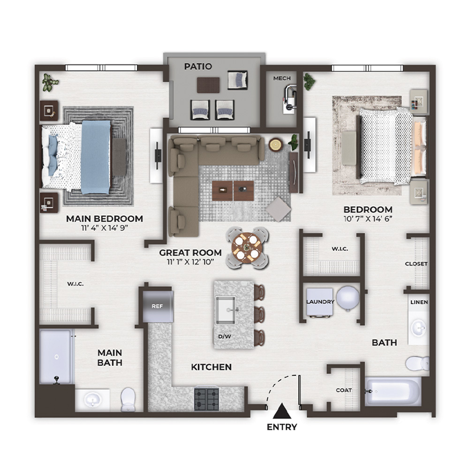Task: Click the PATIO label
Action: point(198,66)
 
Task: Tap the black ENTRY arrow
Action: point(282,411)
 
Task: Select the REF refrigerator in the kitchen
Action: point(158,306)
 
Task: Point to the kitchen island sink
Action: point(226,310)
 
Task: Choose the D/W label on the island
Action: point(225,336)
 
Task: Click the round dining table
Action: point(247,248)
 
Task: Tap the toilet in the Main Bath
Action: point(128,399)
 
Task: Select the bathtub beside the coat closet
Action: point(393,391)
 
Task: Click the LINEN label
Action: point(419,302)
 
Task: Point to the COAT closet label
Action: point(344,390)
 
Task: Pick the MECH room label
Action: point(282,78)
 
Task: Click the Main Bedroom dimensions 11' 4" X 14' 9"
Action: point(105,228)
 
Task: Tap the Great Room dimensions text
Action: point(190,262)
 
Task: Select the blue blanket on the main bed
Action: point(96,157)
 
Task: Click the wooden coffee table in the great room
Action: point(233,190)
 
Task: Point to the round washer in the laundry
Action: point(348,298)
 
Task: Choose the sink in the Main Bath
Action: point(92,400)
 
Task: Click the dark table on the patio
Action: point(208,85)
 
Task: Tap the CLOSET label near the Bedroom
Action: point(416,264)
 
